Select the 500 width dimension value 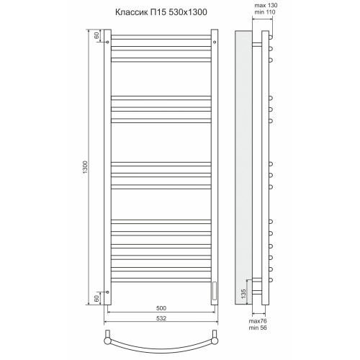pos(161,306)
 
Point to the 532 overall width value pos(161,318)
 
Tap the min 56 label pos(259,328)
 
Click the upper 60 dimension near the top pos(96,35)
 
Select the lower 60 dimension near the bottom pos(96,298)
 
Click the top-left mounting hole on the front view pos(108,42)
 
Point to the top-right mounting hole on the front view pos(215,42)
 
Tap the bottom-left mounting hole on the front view pos(108,292)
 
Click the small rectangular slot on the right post pos(215,289)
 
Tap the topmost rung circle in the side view pos(271,38)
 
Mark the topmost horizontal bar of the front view pos(161,37)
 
